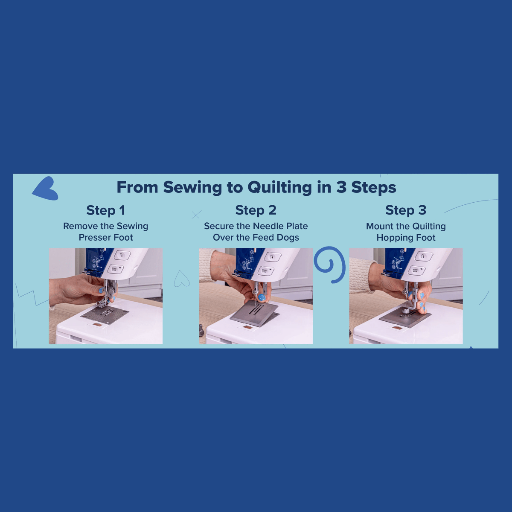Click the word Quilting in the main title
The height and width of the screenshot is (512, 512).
click(x=280, y=188)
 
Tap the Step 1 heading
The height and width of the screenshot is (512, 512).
click(x=106, y=210)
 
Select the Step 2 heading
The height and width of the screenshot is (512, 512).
click(x=256, y=210)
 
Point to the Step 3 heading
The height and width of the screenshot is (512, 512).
click(x=406, y=210)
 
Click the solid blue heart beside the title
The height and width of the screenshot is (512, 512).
click(x=46, y=189)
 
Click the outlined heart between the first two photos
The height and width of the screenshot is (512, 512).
click(x=182, y=279)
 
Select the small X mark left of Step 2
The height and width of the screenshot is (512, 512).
click(x=196, y=215)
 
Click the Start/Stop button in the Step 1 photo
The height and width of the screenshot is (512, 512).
click(x=116, y=269)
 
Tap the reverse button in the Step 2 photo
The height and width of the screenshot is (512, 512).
click(x=271, y=257)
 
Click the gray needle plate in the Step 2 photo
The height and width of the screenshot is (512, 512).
click(x=254, y=314)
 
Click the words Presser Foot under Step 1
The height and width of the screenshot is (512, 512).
click(x=106, y=238)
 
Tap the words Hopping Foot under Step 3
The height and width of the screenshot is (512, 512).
click(x=406, y=238)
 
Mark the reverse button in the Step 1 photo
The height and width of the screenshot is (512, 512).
click(x=122, y=256)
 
